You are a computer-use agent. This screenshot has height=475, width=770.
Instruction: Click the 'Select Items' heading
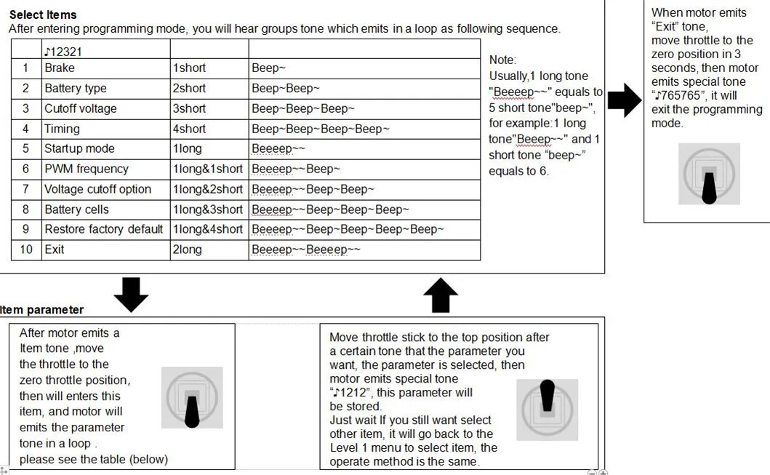coord(43,15)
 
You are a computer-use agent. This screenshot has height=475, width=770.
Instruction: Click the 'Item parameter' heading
coord(41,310)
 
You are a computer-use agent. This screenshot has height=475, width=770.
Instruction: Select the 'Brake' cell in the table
coord(105,68)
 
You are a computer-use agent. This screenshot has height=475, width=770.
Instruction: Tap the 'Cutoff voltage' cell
coord(105,108)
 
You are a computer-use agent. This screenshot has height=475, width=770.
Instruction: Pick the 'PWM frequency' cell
coord(105,169)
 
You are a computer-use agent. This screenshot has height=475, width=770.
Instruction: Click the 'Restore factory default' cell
coord(105,229)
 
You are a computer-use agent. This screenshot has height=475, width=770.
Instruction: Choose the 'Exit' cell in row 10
coord(105,250)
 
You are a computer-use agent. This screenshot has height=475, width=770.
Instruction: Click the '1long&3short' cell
coord(209,209)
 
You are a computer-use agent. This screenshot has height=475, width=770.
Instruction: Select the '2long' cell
coord(209,250)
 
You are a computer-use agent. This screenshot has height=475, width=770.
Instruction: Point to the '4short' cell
coord(209,129)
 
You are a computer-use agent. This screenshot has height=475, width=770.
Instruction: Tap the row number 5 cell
coord(26,148)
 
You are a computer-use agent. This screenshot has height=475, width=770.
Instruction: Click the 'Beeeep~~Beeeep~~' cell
coord(364,250)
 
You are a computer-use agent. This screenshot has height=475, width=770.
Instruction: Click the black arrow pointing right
coord(625,100)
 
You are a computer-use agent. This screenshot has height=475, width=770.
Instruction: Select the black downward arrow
coord(131,295)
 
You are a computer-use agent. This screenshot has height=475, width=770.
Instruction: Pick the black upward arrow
coord(441,295)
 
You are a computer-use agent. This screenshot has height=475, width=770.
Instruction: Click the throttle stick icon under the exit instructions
coord(709,174)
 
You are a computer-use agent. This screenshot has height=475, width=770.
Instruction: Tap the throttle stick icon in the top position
coord(547,410)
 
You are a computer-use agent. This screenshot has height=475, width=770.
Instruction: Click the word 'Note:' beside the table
coord(502,60)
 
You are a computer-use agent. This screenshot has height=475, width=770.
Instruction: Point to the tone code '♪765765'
coord(680,95)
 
